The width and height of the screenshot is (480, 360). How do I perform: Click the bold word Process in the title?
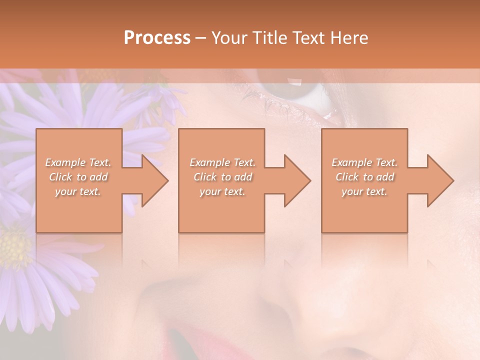pyautogui.click(x=157, y=38)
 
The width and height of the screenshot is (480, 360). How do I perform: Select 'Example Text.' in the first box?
pyautogui.click(x=78, y=162)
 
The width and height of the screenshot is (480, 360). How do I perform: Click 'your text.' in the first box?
pyautogui.click(x=78, y=191)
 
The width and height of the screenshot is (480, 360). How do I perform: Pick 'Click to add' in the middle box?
pyautogui.click(x=222, y=177)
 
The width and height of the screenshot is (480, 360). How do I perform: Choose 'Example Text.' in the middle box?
pyautogui.click(x=222, y=162)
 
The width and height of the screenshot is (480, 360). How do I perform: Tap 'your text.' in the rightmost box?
pyautogui.click(x=364, y=191)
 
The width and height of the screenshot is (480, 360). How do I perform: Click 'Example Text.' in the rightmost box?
pyautogui.click(x=364, y=162)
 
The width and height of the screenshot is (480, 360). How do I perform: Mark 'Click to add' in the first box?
pyautogui.click(x=78, y=177)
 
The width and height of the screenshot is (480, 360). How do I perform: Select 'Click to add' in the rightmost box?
pyautogui.click(x=364, y=177)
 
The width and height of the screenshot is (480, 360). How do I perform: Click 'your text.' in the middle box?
pyautogui.click(x=222, y=191)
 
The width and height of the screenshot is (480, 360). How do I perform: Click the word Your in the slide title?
pyautogui.click(x=229, y=38)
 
